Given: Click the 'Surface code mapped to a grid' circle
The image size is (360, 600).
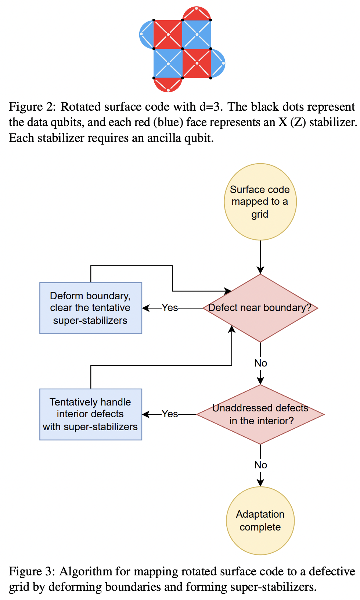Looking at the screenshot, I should coord(260,202).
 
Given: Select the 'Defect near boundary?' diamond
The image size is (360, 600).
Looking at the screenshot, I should coord(260,308).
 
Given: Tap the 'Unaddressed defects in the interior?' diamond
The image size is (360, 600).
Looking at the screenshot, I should coord(260,414).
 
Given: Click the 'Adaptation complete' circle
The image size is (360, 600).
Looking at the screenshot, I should coord(260,521).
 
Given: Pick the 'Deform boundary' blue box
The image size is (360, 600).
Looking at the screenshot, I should coord(90,308).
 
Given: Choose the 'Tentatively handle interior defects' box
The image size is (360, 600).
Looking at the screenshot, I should coord(90,414).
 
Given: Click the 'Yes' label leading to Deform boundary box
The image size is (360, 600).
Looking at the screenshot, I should coord(170,308).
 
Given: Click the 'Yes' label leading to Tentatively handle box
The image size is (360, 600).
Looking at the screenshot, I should coord(170,414).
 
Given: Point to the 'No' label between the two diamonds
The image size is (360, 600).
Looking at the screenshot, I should coord(260,363).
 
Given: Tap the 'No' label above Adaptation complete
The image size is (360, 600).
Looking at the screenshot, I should coord(260,465).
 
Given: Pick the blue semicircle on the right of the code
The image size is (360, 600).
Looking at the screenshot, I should coord(218,63).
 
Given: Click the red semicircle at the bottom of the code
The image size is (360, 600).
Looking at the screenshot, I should coord(168,85).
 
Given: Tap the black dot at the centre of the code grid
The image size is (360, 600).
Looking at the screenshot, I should coord(182,49).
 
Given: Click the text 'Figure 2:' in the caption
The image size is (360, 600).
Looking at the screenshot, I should coord(32,107).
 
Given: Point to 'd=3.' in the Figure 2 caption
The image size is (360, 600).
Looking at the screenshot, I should coord(211,107).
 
